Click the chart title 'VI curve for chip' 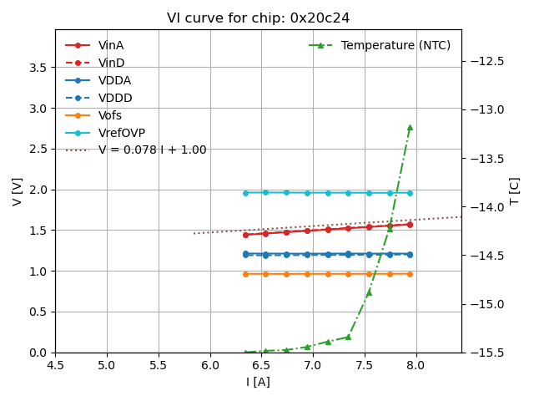tap(258, 18)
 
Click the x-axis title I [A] tap(258, 382)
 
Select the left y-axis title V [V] tap(18, 191)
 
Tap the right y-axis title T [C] tap(515, 191)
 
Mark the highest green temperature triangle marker tap(410, 127)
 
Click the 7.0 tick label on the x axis tap(313, 365)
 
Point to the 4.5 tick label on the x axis tap(55, 365)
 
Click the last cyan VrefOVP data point tap(410, 193)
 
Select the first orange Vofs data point tap(245, 274)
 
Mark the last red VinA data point tap(410, 224)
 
